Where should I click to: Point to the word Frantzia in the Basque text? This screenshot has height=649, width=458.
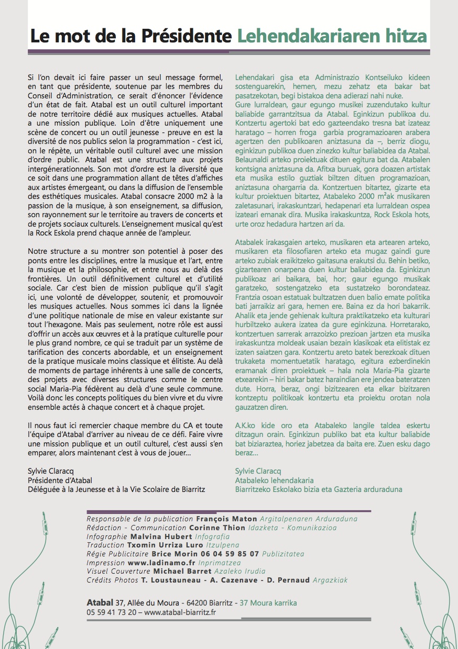click(x=249, y=297)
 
